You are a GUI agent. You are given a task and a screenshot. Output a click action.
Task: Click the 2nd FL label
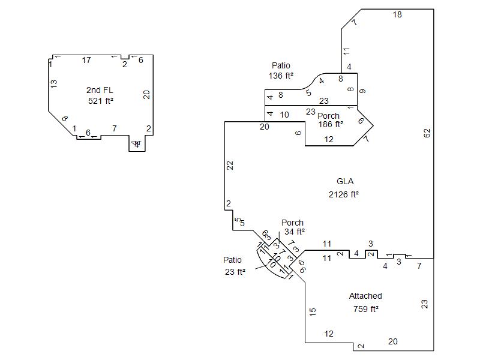(100, 90)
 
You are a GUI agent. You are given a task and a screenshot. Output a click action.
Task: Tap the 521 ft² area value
(100, 101)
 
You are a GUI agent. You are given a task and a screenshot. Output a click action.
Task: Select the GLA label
(345, 181)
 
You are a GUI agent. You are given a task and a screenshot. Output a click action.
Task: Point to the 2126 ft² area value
(344, 194)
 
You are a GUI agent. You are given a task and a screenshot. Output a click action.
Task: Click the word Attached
(365, 296)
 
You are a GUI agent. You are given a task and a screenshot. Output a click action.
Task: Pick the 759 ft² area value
(366, 309)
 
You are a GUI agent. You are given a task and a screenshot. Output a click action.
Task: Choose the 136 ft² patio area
(281, 76)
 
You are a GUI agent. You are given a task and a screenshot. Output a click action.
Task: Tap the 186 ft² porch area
(331, 124)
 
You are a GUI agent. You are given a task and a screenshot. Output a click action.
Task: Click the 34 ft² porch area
(295, 231)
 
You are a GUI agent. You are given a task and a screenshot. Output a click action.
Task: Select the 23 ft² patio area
(235, 271)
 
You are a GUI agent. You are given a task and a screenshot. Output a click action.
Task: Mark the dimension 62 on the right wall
(427, 133)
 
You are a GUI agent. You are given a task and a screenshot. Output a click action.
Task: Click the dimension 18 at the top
(397, 14)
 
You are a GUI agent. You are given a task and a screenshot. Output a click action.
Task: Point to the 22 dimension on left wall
(230, 165)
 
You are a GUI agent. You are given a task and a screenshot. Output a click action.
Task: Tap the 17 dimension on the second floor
(86, 60)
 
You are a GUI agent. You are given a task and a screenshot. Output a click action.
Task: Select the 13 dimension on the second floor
(54, 84)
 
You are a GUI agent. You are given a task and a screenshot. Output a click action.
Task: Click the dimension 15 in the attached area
(313, 311)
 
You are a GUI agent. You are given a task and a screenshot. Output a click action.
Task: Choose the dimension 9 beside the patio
(362, 91)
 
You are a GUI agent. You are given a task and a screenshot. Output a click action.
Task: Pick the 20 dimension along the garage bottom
(392, 341)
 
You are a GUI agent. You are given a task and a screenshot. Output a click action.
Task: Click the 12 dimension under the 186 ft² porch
(329, 139)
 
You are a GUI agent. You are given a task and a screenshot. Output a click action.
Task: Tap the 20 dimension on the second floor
(146, 94)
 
